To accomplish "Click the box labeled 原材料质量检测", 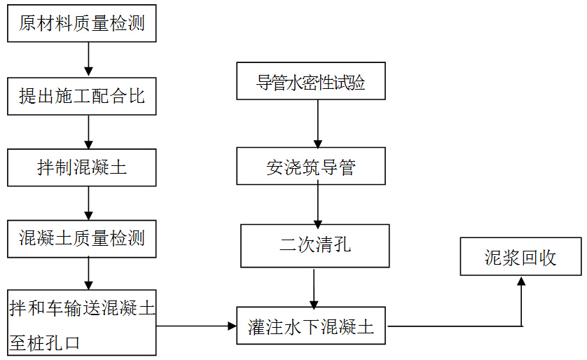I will click(82, 24).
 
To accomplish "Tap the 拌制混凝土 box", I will click(82, 167).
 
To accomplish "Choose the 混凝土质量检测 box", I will click(82, 238).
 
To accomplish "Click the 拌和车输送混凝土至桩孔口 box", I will click(82, 323).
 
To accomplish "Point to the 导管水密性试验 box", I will click(311, 82).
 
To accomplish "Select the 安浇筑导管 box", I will click(311, 167).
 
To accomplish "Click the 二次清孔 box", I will click(315, 246).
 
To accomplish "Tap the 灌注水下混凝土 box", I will click(311, 326).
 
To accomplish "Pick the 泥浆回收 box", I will click(520, 256).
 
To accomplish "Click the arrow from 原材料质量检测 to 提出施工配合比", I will click(88, 60).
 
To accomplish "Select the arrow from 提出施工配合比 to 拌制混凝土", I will click(88, 132).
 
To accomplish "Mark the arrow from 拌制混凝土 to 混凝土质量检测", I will click(88, 203).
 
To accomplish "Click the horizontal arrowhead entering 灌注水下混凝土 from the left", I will click(232, 326).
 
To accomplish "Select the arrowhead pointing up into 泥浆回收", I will click(520, 282).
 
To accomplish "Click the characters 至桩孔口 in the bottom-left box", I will click(46, 342).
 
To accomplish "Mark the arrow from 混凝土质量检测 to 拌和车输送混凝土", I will click(88, 273).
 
